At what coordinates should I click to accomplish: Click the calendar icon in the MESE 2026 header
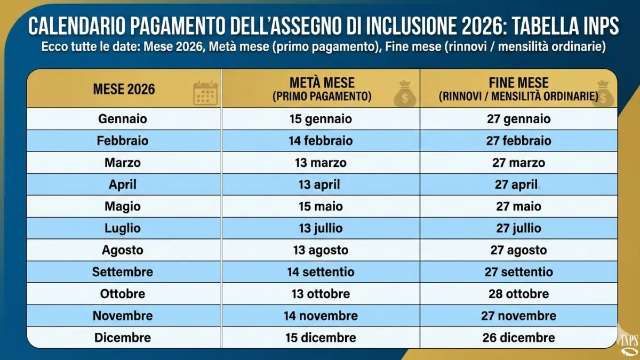tap(205, 93)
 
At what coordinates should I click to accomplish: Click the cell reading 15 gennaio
tap(321, 119)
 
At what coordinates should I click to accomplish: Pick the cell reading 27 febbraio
tap(518, 141)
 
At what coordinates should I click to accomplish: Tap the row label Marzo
tap(123, 163)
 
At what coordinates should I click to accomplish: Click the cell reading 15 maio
tap(321, 206)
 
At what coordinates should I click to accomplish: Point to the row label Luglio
tap(123, 228)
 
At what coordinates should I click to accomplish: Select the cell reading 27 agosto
tap(518, 250)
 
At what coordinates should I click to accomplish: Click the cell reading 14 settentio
tap(321, 272)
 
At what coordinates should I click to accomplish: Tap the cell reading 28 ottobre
tap(518, 294)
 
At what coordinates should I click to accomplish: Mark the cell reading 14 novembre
tap(321, 316)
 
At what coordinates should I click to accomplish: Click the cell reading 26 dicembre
tap(518, 338)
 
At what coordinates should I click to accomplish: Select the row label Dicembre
tap(123, 338)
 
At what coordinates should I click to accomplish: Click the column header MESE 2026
tap(124, 89)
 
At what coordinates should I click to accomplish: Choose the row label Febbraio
tap(123, 141)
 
